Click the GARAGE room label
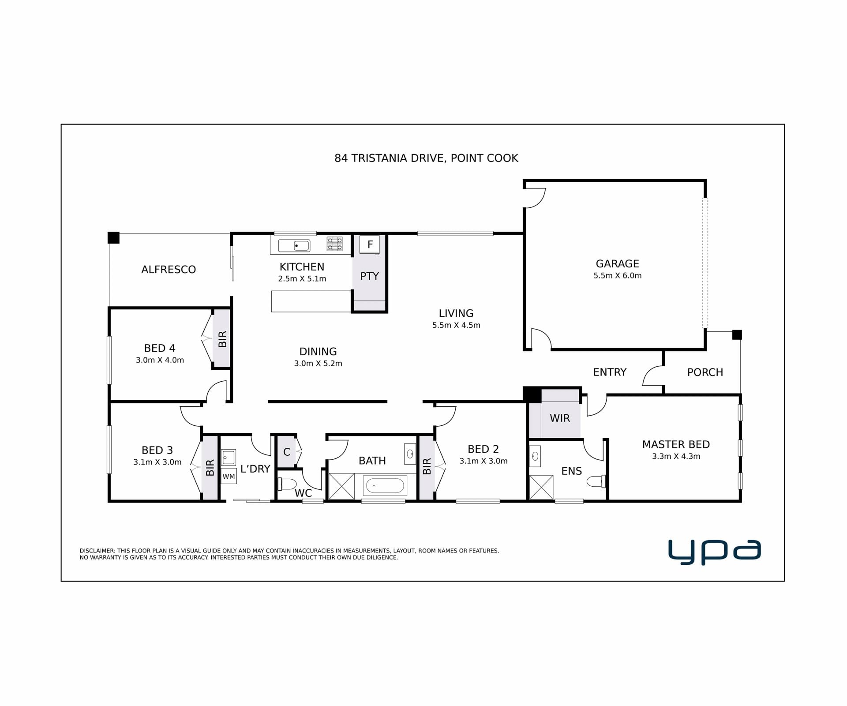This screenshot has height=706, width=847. [x=617, y=263]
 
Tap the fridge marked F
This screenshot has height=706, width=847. [x=370, y=244]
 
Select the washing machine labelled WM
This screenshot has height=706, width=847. [x=229, y=476]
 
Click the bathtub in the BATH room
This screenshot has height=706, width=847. [x=385, y=486]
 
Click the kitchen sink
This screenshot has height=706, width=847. [x=294, y=245]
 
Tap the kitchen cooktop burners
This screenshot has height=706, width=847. [x=334, y=244]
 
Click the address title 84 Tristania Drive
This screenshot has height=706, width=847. [x=426, y=158]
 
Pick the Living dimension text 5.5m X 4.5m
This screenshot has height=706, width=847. [x=456, y=325]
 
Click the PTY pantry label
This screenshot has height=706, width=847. [x=369, y=276]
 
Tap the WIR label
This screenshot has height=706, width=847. [x=560, y=418]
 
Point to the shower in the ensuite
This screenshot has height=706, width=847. [x=541, y=487]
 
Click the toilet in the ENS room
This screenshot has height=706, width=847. [x=596, y=481]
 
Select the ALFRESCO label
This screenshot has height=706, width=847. [x=169, y=270]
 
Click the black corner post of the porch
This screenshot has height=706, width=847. [x=737, y=334]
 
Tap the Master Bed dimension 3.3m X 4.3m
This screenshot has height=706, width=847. [x=676, y=456]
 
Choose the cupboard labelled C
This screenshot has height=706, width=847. [x=287, y=452]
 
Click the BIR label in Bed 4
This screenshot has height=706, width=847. [x=222, y=339]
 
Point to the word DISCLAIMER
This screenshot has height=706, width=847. [x=97, y=551]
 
